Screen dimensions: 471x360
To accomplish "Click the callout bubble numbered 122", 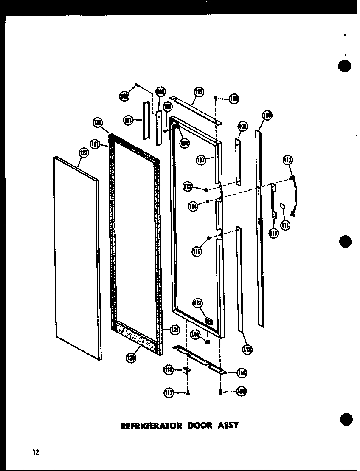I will (83, 153).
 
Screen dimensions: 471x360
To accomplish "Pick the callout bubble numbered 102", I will (124, 96).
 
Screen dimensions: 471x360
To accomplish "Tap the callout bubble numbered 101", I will (127, 121).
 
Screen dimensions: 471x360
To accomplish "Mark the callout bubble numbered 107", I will (201, 160).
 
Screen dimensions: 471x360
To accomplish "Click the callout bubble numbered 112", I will (288, 160).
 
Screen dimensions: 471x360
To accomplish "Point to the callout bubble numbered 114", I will (194, 206).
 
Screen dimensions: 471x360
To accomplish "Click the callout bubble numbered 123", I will (198, 303).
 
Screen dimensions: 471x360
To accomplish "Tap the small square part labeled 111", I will (283, 206).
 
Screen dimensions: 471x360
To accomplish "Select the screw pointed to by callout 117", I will (188, 394).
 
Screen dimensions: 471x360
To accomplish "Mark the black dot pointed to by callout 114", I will (208, 201).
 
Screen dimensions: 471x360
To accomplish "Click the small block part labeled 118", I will (186, 370).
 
